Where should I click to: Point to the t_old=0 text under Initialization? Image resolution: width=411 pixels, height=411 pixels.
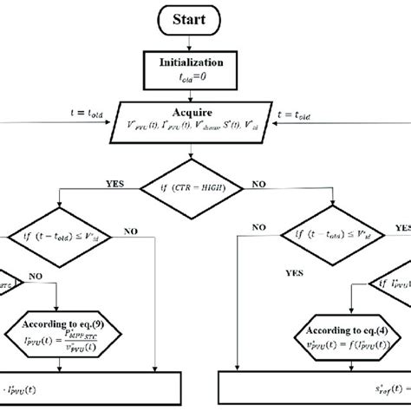tap(205, 79)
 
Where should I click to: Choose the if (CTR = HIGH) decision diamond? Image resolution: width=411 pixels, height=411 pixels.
tap(205, 186)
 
